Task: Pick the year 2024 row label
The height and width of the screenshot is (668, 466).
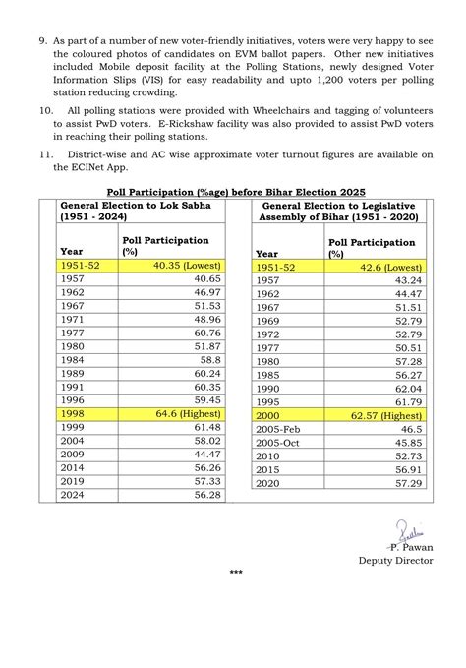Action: pos(72,496)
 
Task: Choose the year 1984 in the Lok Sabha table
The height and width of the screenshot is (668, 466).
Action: pos(72,361)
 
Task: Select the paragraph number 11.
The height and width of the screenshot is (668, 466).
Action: pos(46,154)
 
